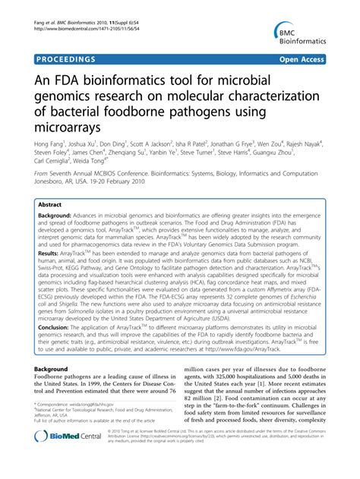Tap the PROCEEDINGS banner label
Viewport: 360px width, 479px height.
(x=64, y=58)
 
